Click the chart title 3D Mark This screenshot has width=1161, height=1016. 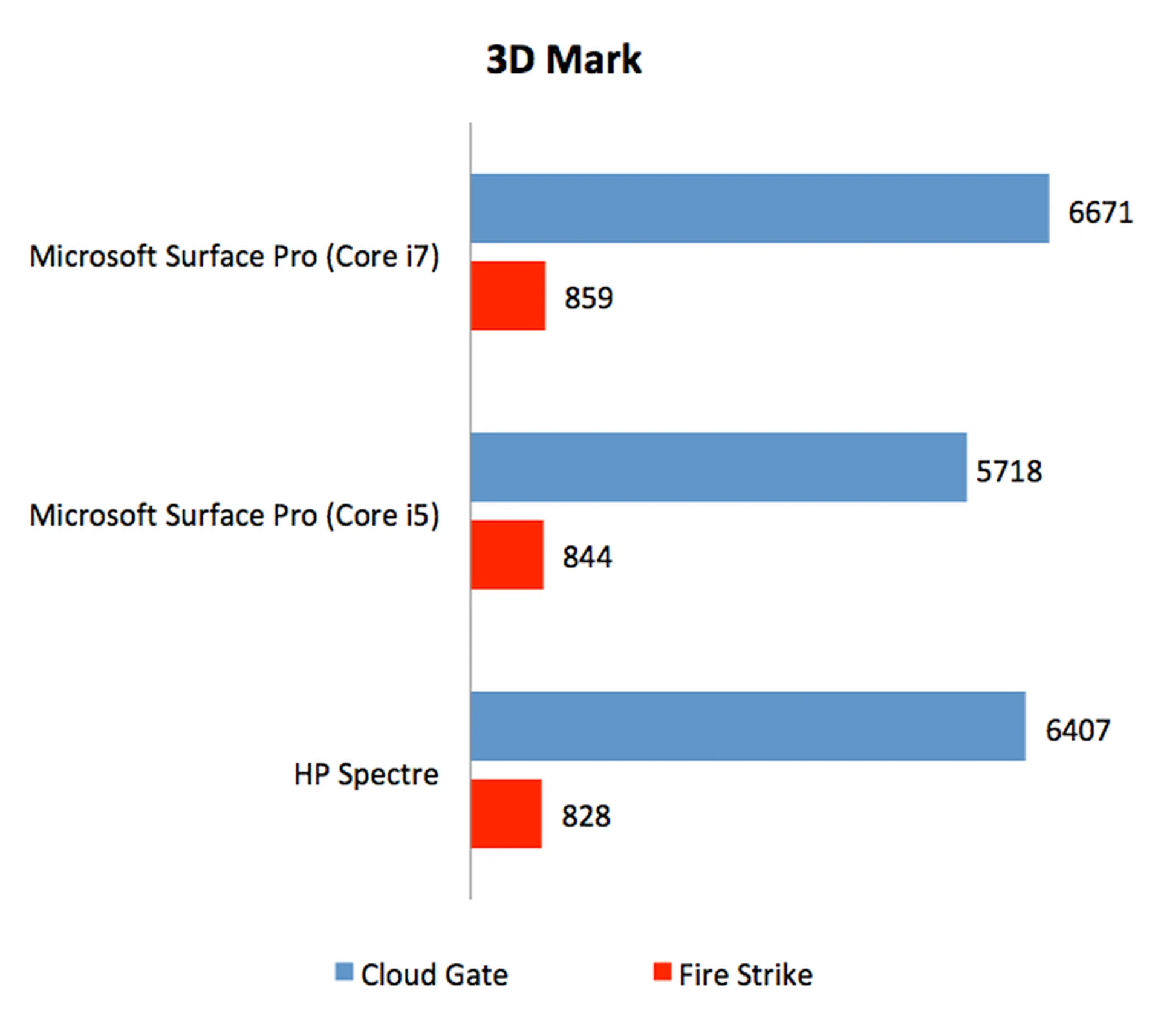564,60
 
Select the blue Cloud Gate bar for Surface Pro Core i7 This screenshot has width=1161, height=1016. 759,208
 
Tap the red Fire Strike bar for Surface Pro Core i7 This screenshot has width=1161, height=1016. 508,296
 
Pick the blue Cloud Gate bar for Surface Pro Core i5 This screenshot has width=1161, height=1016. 718,467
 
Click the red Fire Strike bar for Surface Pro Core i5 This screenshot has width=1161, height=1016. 507,555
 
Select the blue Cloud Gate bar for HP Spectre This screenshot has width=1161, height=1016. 747,726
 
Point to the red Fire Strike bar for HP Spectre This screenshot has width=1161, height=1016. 506,813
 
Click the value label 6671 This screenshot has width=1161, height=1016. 1100,212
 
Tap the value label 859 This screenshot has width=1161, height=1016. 588,298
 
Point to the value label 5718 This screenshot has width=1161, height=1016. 1009,471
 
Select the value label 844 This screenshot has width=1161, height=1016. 587,556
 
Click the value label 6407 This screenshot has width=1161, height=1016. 1078,730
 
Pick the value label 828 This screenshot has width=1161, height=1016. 586,816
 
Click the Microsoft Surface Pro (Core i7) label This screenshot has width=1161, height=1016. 234,256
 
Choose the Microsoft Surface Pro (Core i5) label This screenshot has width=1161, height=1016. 234,515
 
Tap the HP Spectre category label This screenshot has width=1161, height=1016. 366,774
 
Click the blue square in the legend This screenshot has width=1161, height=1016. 344,971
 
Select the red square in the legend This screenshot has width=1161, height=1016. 662,971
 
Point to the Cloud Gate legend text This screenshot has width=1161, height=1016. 434,975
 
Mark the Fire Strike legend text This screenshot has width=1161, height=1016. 746,975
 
